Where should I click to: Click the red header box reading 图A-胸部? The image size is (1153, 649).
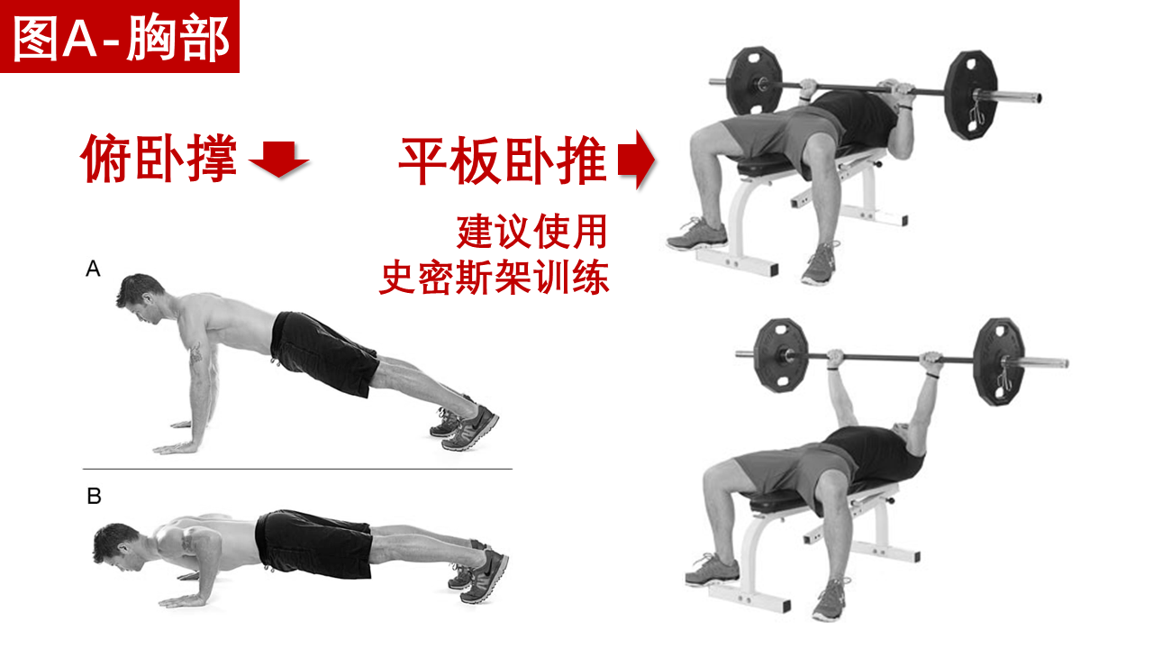pyautogui.click(x=120, y=36)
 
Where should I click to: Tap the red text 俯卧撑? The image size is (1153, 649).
pyautogui.click(x=159, y=158)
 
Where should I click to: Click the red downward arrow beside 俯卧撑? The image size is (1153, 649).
pyautogui.click(x=278, y=160)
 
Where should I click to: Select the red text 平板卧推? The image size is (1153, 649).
pyautogui.click(x=503, y=160)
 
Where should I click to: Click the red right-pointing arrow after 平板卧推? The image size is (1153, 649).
pyautogui.click(x=636, y=160)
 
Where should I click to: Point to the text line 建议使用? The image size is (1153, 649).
pyautogui.click(x=532, y=232)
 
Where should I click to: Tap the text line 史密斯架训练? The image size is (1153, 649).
pyautogui.click(x=495, y=278)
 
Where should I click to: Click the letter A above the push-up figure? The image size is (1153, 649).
pyautogui.click(x=93, y=269)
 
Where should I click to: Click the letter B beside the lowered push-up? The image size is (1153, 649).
pyautogui.click(x=95, y=496)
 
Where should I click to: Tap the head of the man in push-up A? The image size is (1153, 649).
pyautogui.click(x=140, y=298)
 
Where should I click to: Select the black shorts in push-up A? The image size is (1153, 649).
pyautogui.click(x=323, y=352)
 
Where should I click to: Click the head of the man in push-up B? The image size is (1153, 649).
pyautogui.click(x=117, y=546)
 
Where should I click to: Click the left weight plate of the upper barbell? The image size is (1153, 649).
pyautogui.click(x=754, y=81)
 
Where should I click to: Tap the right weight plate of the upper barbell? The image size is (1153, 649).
pyautogui.click(x=972, y=96)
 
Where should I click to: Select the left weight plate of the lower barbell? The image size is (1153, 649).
pyautogui.click(x=780, y=355)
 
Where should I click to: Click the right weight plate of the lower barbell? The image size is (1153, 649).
pyautogui.click(x=999, y=361)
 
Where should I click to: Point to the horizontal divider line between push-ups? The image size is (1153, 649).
pyautogui.click(x=297, y=469)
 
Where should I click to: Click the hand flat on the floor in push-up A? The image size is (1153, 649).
pyautogui.click(x=175, y=448)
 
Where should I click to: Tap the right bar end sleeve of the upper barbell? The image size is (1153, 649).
pyautogui.click(x=1021, y=96)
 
